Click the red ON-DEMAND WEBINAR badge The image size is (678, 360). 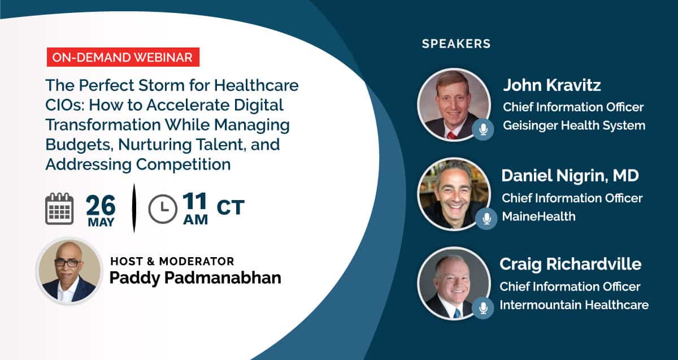pyautogui.click(x=123, y=57)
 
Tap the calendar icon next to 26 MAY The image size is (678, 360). pyautogui.click(x=59, y=209)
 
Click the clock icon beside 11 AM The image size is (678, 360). pyautogui.click(x=163, y=209)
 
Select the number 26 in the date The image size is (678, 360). pyautogui.click(x=101, y=205)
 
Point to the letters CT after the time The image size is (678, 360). pyautogui.click(x=231, y=207)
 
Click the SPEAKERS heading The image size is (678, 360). pyautogui.click(x=456, y=44)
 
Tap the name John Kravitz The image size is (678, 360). pyautogui.click(x=552, y=85)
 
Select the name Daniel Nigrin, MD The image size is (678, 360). pyautogui.click(x=570, y=175)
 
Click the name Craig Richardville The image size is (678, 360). pyautogui.click(x=570, y=264)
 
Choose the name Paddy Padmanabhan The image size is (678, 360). pyautogui.click(x=195, y=278)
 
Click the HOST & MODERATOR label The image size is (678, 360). pyautogui.click(x=172, y=261)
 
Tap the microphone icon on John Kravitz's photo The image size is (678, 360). pyautogui.click(x=483, y=129)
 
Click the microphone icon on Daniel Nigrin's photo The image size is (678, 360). pyautogui.click(x=486, y=219)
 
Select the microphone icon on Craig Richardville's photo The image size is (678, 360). pyautogui.click(x=483, y=308)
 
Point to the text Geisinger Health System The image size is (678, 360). pyautogui.click(x=574, y=125)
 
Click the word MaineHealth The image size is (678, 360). pyautogui.click(x=539, y=216)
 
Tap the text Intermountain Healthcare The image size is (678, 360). pyautogui.click(x=574, y=305)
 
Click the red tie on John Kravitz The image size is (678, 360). pyautogui.click(x=451, y=135)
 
